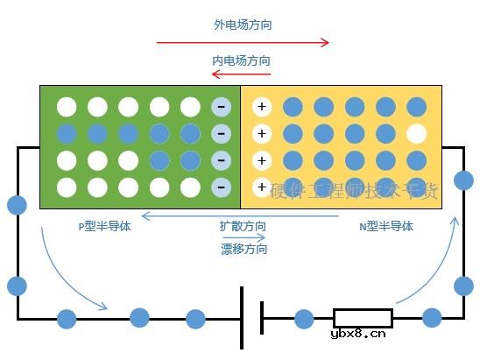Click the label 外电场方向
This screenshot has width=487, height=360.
243,25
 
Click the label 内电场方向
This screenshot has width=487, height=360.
241,61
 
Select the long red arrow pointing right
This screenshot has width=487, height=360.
243,42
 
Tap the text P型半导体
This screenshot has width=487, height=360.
104,226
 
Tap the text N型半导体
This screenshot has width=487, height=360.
386,226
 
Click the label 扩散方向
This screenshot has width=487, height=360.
243,226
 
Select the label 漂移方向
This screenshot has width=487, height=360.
243,249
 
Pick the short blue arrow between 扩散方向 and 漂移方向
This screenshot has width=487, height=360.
243,237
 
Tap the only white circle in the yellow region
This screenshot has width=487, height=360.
417,134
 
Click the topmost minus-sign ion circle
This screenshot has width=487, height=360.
221,108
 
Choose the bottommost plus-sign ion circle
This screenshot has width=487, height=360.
261,187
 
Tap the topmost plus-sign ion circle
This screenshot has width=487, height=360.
261,108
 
